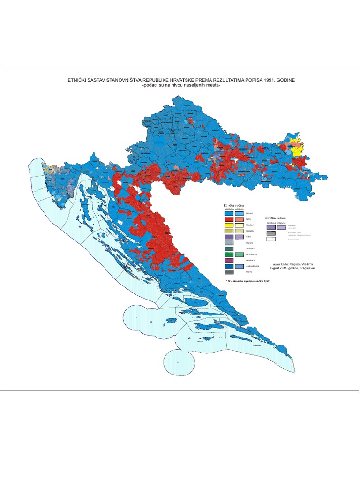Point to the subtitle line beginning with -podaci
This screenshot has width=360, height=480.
click(x=180, y=86)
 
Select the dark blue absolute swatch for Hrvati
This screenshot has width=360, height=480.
click(x=229, y=213)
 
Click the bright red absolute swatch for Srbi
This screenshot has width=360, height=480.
click(x=229, y=219)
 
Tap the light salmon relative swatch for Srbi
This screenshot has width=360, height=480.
click(x=239, y=219)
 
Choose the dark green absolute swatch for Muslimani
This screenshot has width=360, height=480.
click(x=229, y=255)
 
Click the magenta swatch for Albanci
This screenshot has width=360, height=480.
click(x=229, y=260)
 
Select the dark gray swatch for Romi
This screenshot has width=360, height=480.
click(x=229, y=272)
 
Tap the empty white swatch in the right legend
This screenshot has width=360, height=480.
click(x=271, y=239)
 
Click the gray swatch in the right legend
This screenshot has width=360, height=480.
click(x=271, y=233)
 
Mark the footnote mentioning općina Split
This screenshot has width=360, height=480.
click(x=248, y=281)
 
